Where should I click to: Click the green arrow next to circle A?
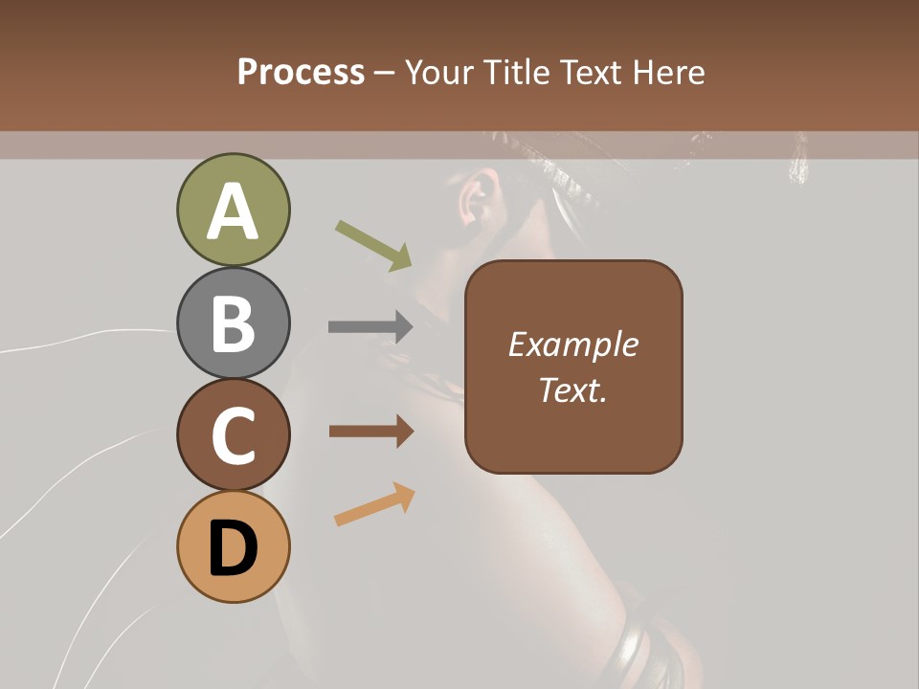[373, 245]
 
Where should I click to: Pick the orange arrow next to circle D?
[374, 504]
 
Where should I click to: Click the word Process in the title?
[301, 72]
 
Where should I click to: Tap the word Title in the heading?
[515, 72]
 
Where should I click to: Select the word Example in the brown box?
[572, 344]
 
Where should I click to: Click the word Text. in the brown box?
[572, 390]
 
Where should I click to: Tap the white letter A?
[233, 211]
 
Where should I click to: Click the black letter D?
[233, 549]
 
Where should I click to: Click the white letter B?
[233, 323]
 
